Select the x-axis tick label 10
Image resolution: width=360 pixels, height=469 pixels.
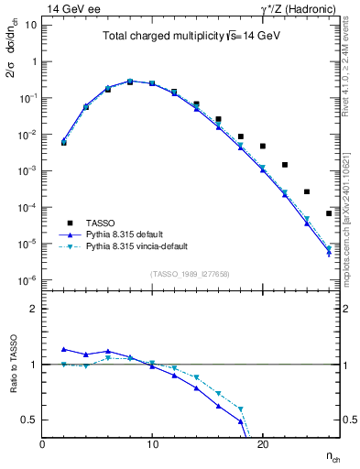tap(152, 443)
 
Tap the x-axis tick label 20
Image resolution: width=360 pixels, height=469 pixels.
tap(262, 443)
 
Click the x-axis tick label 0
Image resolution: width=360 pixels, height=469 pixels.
tap(42, 443)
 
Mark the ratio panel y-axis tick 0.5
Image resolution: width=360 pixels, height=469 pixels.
tap(29, 420)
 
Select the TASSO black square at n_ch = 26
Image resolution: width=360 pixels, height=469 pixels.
tap(328, 213)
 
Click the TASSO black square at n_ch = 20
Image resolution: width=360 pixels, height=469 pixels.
tap(262, 146)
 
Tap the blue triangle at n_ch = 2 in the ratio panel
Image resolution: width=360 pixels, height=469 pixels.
tap(64, 349)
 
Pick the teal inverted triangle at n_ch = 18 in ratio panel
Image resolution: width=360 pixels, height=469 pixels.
tap(240, 409)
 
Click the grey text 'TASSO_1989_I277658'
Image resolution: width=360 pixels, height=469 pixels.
tap(190, 273)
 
